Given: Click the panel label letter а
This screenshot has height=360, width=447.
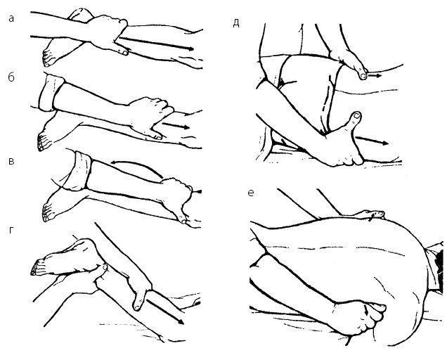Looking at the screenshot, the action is tap(11, 19).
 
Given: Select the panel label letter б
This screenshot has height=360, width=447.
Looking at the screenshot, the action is tap(11, 77).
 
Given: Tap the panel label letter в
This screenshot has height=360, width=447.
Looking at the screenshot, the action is tap(11, 161).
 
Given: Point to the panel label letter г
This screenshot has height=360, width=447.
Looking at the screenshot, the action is tap(11, 231).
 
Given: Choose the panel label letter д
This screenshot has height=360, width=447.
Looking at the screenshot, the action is tap(235, 23).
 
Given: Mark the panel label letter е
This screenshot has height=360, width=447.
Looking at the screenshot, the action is tap(251, 193).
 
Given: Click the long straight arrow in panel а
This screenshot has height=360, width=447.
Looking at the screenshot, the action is tap(156, 43).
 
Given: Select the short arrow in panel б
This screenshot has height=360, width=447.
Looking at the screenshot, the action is tap(176, 125).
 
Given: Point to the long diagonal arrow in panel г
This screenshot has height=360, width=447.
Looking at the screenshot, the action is tap(165, 307).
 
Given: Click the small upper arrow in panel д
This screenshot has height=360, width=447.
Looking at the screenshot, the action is tap(375, 76).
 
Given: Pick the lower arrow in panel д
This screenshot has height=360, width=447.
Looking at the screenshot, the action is tap(372, 140).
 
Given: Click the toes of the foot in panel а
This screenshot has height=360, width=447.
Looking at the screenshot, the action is tap(47, 58).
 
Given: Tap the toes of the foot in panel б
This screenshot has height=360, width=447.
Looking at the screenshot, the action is tap(41, 141).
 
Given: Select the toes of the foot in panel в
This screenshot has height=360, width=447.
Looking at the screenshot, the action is tap(47, 212).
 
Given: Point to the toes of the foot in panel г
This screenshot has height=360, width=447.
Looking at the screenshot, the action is tap(37, 268).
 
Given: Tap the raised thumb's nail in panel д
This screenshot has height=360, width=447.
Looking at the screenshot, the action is tap(356, 115).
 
